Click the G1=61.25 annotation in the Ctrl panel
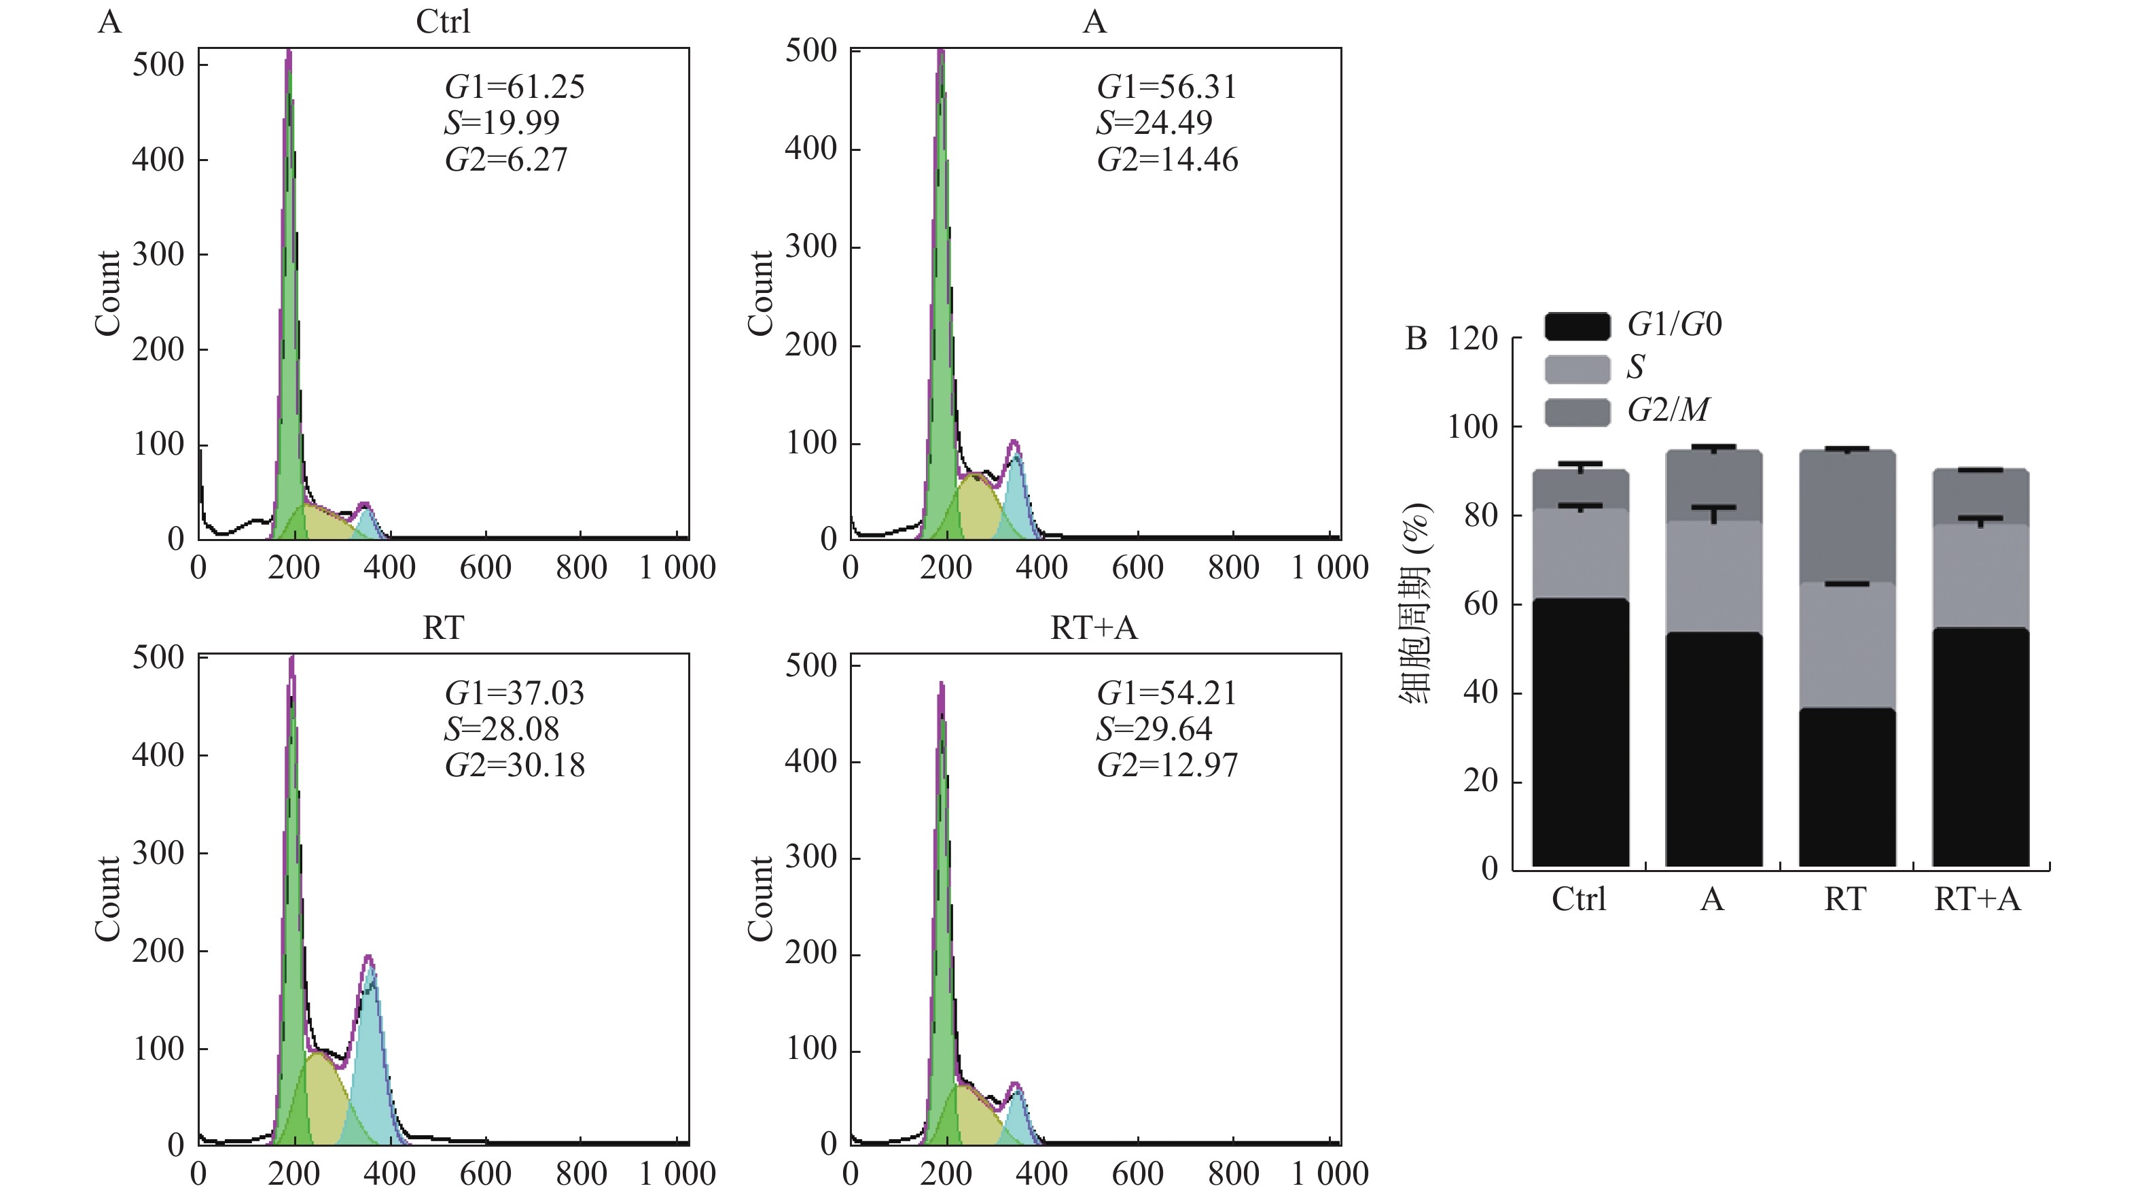(x=514, y=86)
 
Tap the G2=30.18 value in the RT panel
(x=514, y=765)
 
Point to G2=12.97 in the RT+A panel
(x=1166, y=765)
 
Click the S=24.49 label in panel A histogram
(x=1154, y=123)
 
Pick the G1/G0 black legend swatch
(x=1577, y=326)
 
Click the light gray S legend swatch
(x=1577, y=369)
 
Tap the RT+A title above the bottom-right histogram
(x=1093, y=628)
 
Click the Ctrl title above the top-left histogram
(x=443, y=22)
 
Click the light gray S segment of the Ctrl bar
(x=1580, y=553)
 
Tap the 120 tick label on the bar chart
(x=1472, y=339)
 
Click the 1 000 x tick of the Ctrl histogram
(x=677, y=568)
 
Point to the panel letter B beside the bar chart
(x=1416, y=339)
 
